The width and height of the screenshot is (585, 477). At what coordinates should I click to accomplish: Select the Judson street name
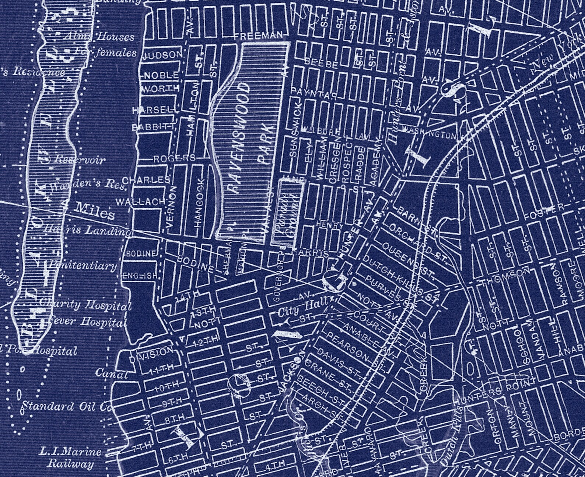point(162,55)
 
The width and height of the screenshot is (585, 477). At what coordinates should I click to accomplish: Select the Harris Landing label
point(88,231)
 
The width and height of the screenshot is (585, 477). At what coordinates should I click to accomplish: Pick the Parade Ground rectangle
point(287,213)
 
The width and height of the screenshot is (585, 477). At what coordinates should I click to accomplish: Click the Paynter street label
point(314,94)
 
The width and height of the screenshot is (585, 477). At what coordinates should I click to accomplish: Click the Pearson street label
point(348,346)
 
